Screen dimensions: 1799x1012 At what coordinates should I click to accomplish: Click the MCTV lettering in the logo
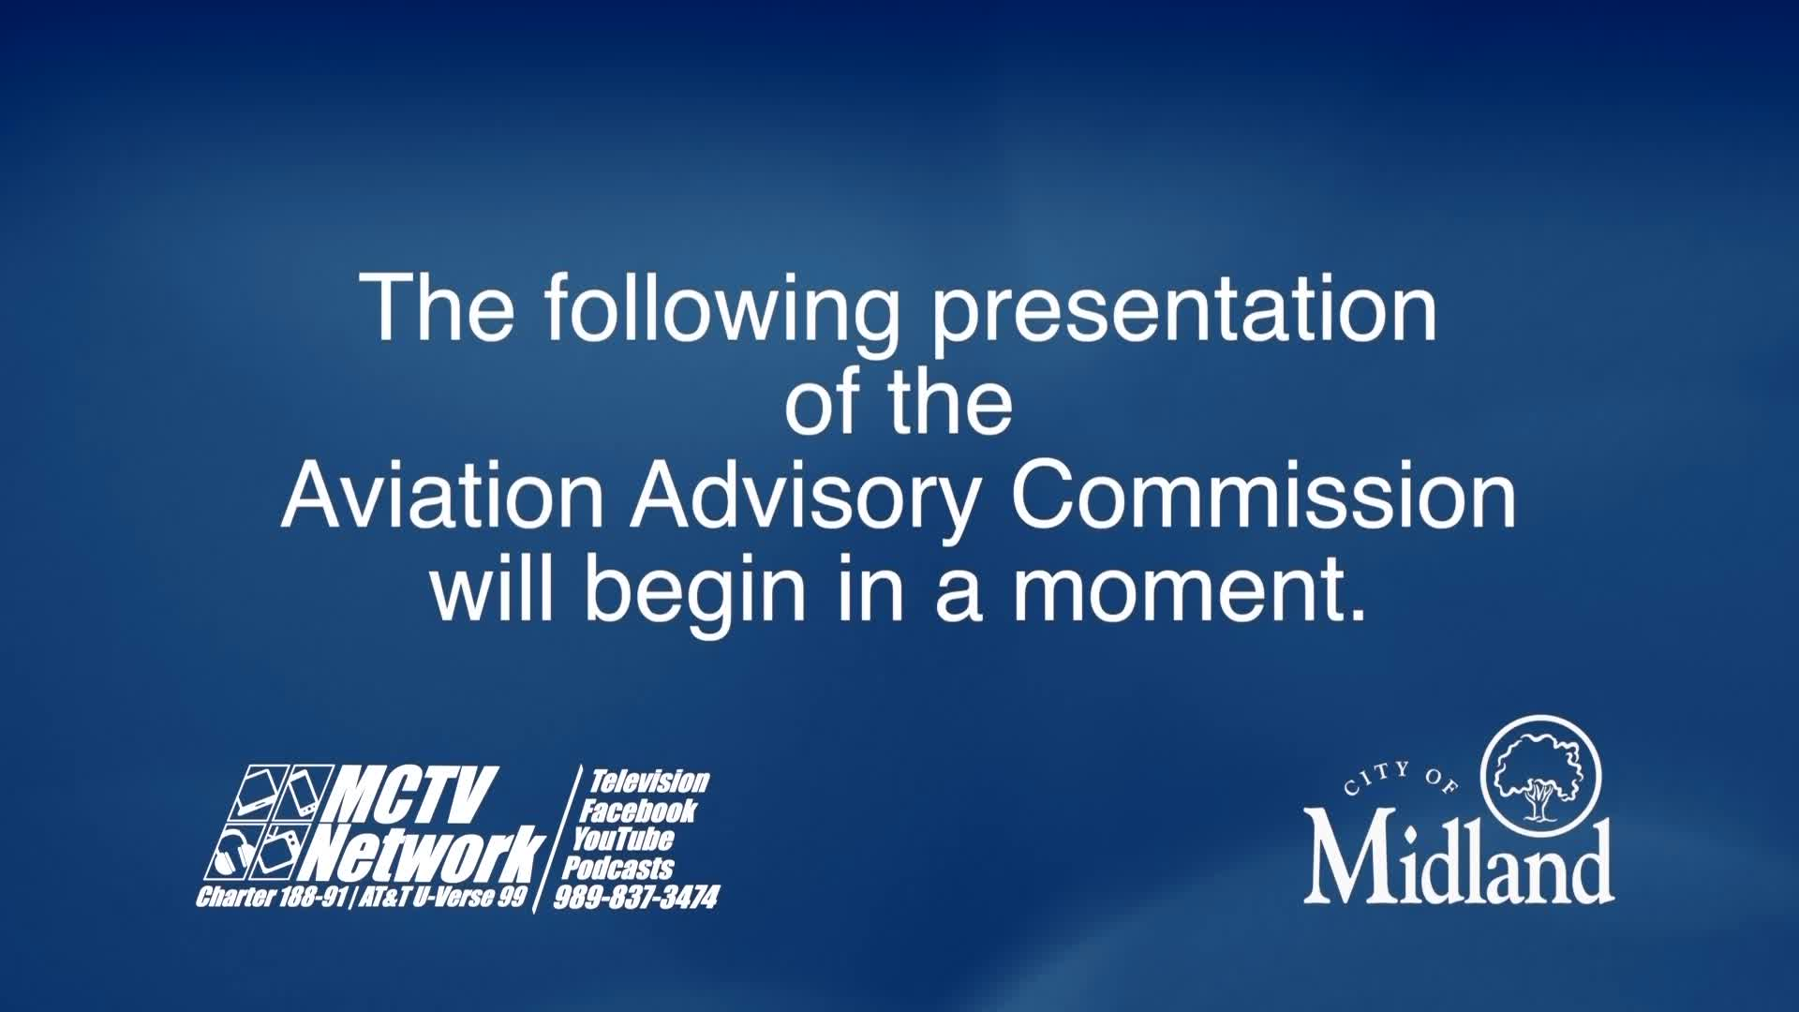[412, 795]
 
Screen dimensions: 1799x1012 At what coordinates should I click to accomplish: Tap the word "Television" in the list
[648, 781]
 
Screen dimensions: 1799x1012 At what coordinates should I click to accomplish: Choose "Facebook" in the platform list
[637, 811]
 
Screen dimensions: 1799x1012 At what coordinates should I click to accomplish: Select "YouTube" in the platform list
[623, 839]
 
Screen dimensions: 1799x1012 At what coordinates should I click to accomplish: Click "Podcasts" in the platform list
[617, 868]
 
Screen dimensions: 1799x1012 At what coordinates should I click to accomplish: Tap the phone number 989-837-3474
[636, 898]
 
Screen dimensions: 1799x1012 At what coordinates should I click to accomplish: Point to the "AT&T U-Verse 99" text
[442, 897]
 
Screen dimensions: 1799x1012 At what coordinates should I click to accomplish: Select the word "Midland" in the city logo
[1458, 861]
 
